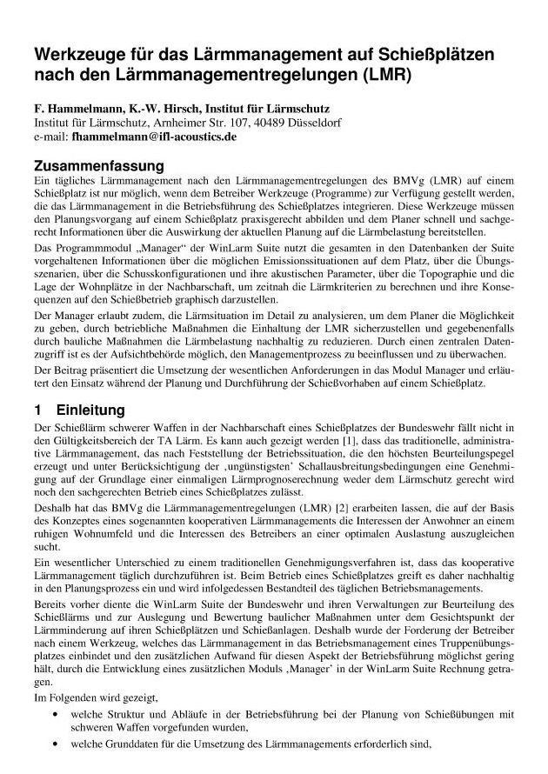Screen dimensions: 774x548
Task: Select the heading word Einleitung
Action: pos(90,410)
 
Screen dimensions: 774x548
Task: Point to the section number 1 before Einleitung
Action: pos(37,410)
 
